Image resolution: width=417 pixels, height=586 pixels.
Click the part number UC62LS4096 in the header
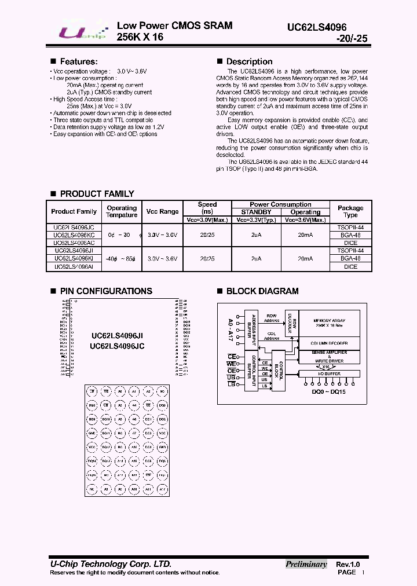pyautogui.click(x=327, y=27)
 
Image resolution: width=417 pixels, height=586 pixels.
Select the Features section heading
pyautogui.click(x=78, y=61)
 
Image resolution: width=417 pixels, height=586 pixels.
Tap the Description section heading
pyautogui.click(x=249, y=61)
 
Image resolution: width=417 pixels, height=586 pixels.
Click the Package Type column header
pyautogui.click(x=350, y=211)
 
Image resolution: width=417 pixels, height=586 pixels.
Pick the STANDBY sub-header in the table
pyautogui.click(x=256, y=212)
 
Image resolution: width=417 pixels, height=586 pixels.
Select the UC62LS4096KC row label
pyautogui.click(x=74, y=236)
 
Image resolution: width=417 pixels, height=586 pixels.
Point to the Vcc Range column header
pyautogui.click(x=162, y=211)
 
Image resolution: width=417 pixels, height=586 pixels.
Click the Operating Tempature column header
pyautogui.click(x=122, y=211)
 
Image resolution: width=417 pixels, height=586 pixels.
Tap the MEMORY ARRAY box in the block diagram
pyautogui.click(x=328, y=323)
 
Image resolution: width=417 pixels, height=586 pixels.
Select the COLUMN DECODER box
pyautogui.click(x=328, y=343)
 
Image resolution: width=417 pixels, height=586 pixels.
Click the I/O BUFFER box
pyautogui.click(x=328, y=374)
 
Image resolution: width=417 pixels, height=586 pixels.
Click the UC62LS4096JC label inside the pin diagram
pyautogui.click(x=117, y=346)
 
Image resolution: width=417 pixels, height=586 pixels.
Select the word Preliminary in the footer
pyautogui.click(x=306, y=564)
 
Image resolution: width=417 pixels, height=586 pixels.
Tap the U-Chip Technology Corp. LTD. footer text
pyautogui.click(x=110, y=564)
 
